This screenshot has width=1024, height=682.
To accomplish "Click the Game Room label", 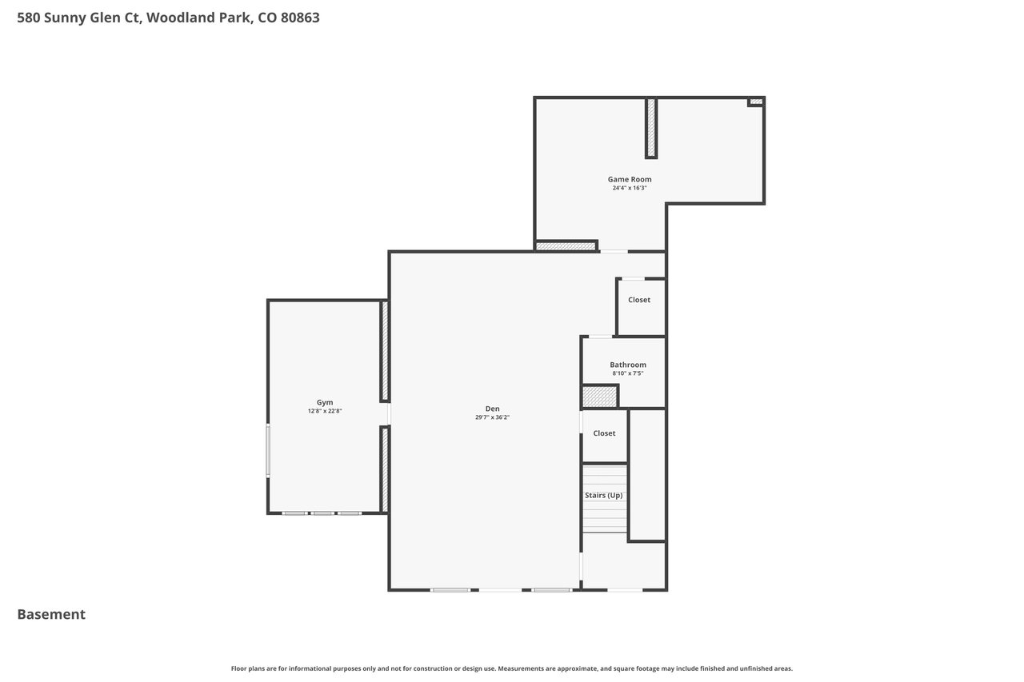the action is (630, 180).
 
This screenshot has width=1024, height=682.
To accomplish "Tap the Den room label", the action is (492, 409).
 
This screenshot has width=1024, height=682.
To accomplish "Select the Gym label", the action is (325, 402).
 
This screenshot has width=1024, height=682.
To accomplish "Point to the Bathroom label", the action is (628, 365).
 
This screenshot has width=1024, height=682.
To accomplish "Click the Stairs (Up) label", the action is (603, 495).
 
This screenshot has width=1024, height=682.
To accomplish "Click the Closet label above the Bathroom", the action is (638, 300).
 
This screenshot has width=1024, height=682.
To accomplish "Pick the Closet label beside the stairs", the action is (604, 433).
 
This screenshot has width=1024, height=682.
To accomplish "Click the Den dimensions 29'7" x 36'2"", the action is (492, 417).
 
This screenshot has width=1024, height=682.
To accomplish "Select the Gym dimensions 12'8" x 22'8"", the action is (325, 411).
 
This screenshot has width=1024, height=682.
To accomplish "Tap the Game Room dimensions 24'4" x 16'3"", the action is (630, 188).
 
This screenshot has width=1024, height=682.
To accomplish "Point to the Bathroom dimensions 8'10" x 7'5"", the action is (628, 373).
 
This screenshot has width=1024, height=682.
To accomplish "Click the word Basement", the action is (51, 614).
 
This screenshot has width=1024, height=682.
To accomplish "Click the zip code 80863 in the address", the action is (300, 18).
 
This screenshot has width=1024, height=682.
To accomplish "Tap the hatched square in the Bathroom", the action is (600, 397).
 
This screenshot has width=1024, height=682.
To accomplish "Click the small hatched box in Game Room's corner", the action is (756, 102).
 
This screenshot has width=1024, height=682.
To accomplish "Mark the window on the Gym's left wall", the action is (268, 451).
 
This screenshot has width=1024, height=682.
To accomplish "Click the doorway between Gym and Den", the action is (389, 414).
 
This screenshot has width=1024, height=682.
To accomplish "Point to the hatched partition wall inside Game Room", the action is (651, 129).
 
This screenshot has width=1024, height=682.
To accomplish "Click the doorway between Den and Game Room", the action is (613, 251).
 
